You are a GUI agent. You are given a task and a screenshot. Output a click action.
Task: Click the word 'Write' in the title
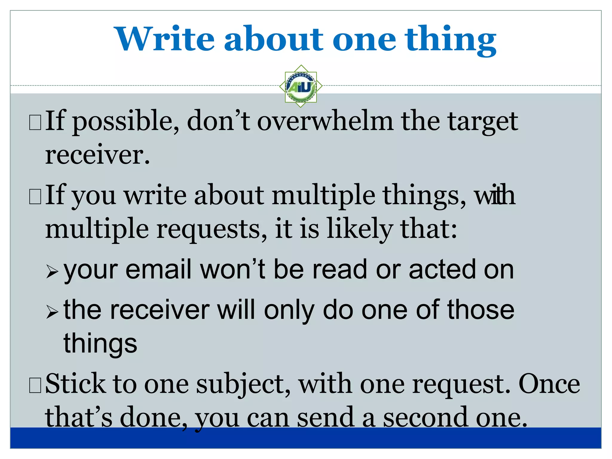click(165, 39)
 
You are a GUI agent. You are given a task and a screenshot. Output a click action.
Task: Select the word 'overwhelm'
click(325, 121)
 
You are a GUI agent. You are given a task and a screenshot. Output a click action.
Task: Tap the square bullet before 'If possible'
click(35, 123)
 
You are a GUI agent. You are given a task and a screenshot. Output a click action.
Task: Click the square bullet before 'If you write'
click(35, 197)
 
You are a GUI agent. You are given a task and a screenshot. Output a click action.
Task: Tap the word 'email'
click(158, 269)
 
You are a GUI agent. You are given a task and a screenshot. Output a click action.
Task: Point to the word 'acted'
click(442, 269)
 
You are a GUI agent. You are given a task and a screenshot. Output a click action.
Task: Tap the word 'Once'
click(549, 384)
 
